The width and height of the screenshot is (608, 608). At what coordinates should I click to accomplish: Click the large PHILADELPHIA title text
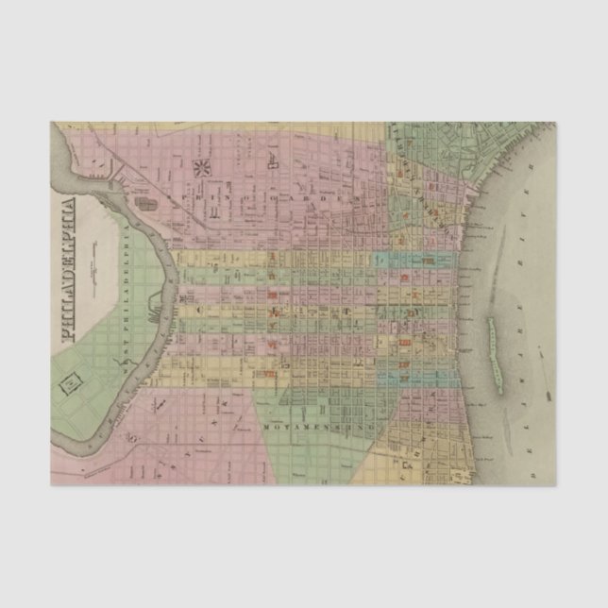coord(67,270)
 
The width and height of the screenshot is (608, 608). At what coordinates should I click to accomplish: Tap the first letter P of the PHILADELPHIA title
coord(67,335)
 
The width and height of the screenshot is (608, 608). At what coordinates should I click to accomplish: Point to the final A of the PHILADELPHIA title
coord(67,203)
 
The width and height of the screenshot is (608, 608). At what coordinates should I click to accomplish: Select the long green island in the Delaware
coord(493,350)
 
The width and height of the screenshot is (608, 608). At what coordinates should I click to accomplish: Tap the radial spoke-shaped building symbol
coord(201,169)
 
